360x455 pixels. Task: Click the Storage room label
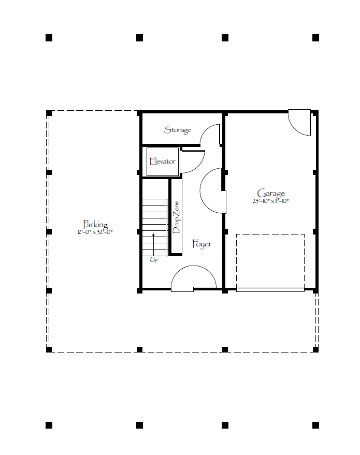(x=177, y=130)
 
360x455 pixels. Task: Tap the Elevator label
(x=162, y=161)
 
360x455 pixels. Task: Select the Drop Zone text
(x=176, y=217)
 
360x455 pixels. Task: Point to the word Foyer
(x=202, y=244)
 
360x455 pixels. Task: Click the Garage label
(x=271, y=193)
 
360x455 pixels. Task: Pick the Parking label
(x=95, y=224)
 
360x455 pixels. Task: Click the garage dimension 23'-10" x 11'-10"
(x=270, y=201)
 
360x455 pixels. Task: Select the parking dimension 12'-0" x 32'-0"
(x=95, y=232)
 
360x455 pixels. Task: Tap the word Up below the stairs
(x=153, y=260)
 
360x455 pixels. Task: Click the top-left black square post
(x=49, y=38)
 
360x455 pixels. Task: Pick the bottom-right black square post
(x=315, y=425)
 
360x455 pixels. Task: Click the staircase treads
(x=155, y=228)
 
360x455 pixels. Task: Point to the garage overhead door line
(x=270, y=289)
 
